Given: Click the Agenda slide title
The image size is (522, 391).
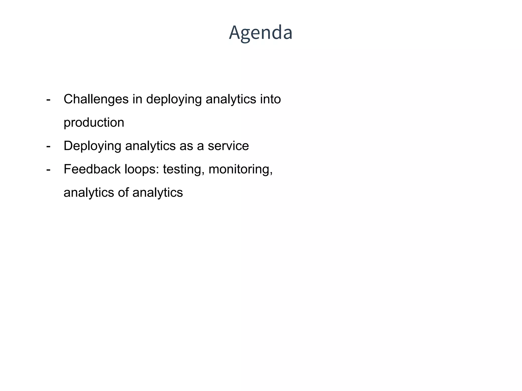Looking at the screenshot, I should pos(260,33).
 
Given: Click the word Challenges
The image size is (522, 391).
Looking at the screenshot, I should pos(96,99).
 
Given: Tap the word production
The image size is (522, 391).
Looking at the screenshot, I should pos(94,123).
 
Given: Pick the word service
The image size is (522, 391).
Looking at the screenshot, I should pos(228,146).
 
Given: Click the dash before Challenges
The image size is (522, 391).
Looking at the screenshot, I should pos(48,100).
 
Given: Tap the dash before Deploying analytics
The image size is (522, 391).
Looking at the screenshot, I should pos(48,146).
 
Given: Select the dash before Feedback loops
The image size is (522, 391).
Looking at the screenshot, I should pos(48,170).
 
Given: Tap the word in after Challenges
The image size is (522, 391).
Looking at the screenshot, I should pos(137,99).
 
